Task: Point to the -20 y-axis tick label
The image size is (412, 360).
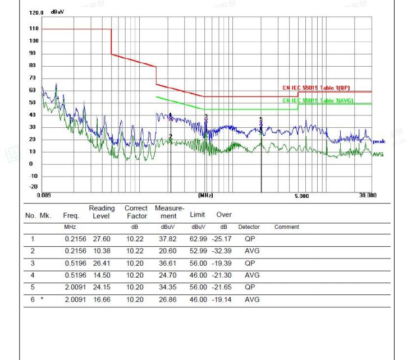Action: click(34, 187)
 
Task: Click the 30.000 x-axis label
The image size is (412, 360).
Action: click(368, 195)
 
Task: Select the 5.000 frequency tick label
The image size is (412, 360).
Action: click(301, 195)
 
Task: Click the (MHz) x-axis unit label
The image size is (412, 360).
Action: click(206, 195)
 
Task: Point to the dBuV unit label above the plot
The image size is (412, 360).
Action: click(57, 12)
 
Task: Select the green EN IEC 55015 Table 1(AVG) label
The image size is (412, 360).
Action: click(317, 100)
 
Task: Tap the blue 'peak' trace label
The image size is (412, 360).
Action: click(378, 141)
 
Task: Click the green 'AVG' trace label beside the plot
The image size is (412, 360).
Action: click(378, 154)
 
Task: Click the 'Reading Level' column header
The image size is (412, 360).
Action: click(102, 212)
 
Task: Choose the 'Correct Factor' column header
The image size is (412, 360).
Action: click(136, 212)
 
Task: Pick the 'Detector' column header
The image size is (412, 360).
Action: click(249, 227)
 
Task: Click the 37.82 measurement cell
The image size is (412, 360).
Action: click(168, 239)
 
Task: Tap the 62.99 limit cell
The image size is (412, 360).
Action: click(199, 239)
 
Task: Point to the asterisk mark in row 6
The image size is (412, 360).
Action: click(42, 299)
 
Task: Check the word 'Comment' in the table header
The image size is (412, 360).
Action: click(286, 227)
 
